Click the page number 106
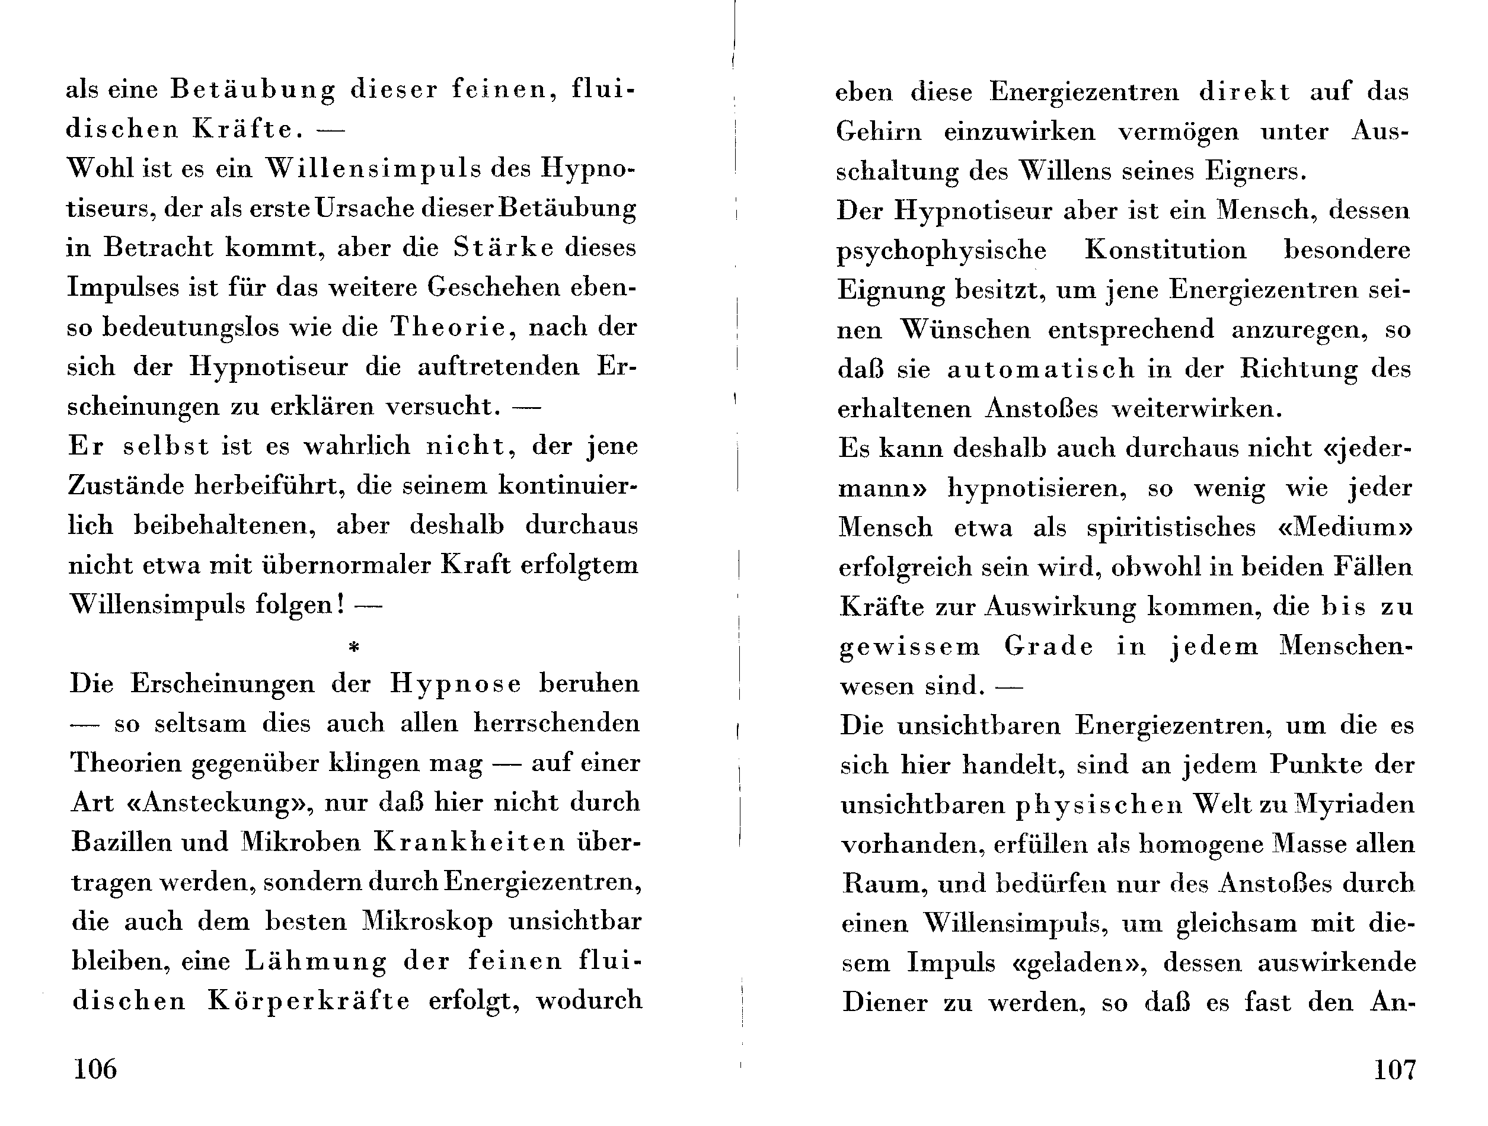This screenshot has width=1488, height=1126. (x=95, y=1068)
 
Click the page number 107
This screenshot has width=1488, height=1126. (x=1394, y=1068)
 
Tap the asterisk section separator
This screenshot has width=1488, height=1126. (x=354, y=647)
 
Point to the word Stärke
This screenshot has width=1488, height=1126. (x=504, y=248)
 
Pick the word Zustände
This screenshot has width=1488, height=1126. (x=126, y=485)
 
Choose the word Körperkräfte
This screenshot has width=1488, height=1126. (x=309, y=1001)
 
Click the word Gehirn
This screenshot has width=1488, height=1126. (x=879, y=131)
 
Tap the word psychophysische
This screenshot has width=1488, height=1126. (x=941, y=251)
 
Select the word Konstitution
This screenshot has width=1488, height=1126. (x=1165, y=250)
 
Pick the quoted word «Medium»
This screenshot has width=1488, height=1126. (x=1344, y=527)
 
